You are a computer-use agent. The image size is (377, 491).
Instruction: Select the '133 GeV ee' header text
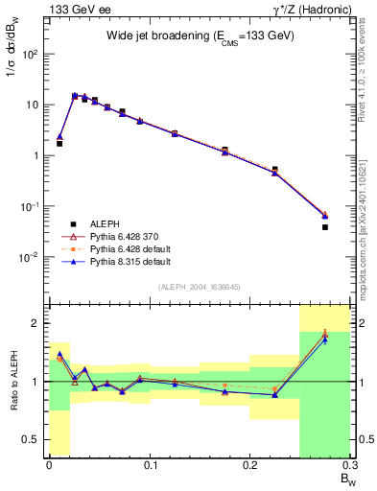click(76, 9)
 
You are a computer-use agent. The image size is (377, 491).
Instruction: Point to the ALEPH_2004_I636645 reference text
click(199, 287)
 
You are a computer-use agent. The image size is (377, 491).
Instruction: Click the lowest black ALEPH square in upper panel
click(325, 227)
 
